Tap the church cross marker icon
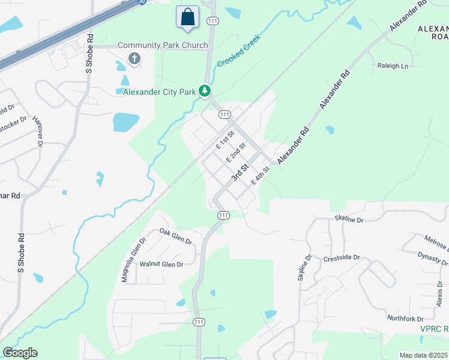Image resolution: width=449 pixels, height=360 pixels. [134, 59]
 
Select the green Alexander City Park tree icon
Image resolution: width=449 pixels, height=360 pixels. [205, 91]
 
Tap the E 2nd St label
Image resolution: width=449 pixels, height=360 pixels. [236, 153]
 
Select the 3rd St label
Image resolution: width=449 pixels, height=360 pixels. [240, 173]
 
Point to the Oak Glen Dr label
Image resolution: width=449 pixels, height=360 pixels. [175, 236]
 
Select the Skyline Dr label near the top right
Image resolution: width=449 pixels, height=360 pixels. [349, 220]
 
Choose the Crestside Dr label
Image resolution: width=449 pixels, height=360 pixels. [341, 257]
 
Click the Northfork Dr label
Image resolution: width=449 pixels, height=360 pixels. [405, 318]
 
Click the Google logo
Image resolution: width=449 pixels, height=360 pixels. [20, 353]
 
